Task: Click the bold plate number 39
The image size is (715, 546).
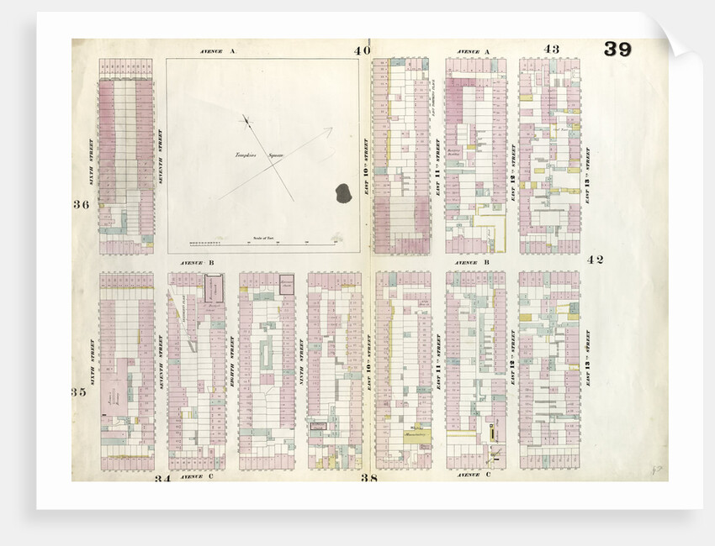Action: [617, 50]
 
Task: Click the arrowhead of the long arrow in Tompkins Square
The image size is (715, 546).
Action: [329, 130]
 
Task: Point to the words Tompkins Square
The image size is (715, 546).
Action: [257, 156]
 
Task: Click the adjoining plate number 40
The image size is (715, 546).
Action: [362, 50]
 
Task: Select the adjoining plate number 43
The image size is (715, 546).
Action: [551, 49]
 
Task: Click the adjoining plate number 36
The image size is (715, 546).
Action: [81, 205]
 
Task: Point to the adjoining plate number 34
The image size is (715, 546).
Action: [163, 479]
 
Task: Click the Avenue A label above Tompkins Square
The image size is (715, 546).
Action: [219, 51]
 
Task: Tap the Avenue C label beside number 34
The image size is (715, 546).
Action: [192, 476]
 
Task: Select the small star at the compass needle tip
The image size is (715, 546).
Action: [246, 118]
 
